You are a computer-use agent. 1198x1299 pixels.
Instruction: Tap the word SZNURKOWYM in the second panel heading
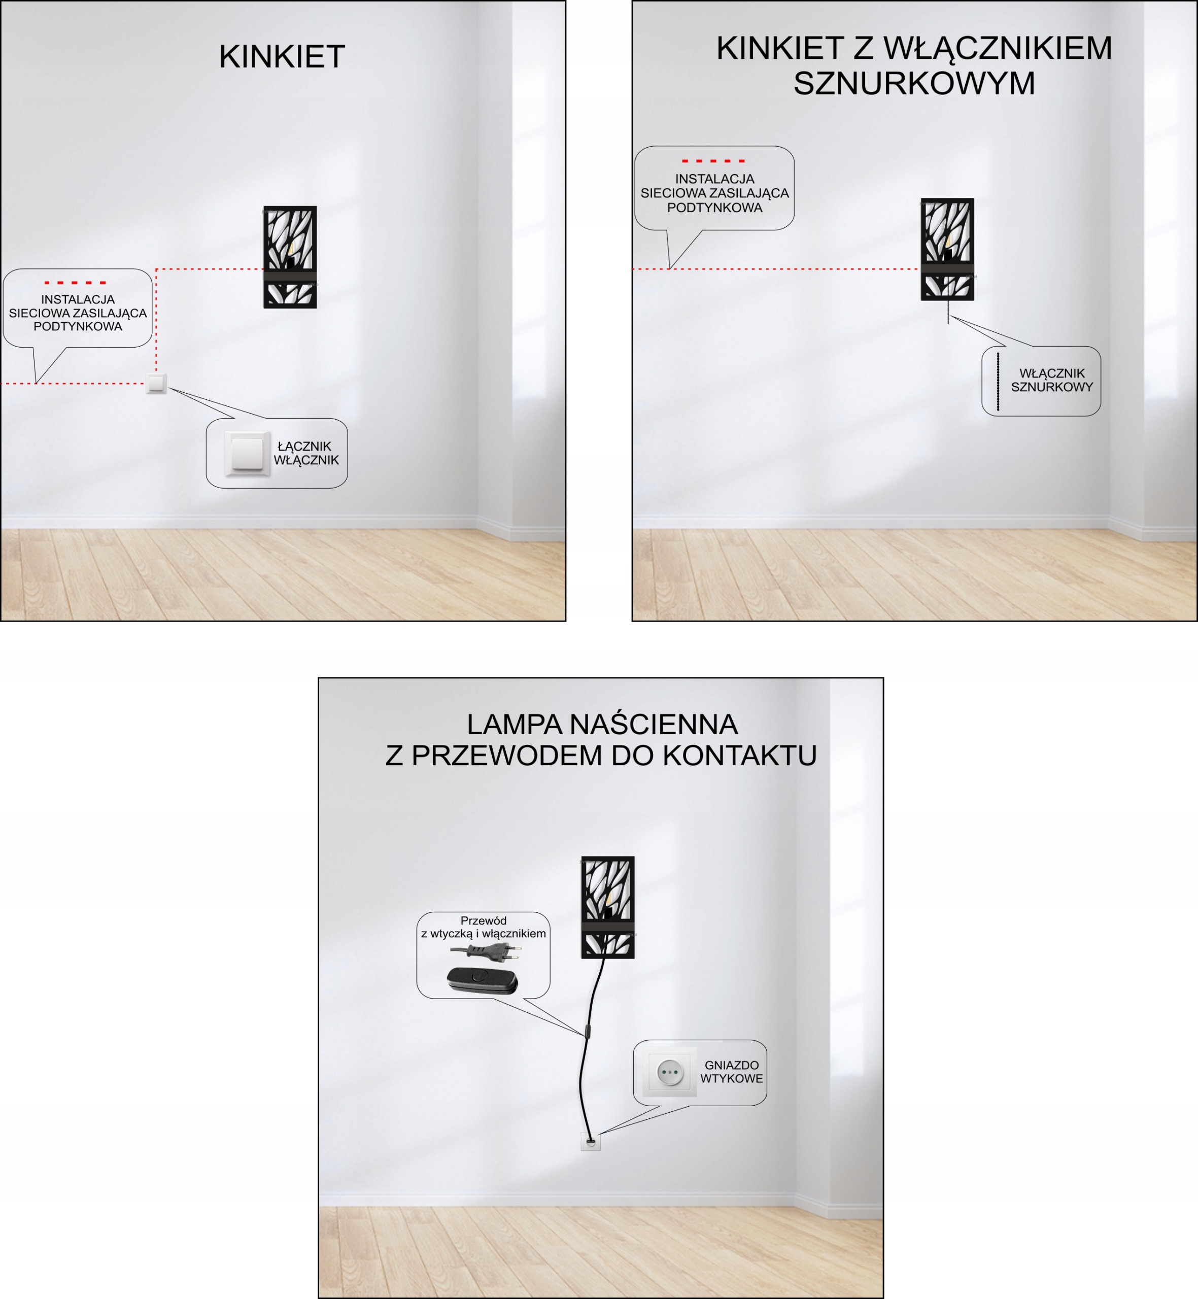pyautogui.click(x=914, y=84)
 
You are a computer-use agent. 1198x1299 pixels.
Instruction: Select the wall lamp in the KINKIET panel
pyautogui.click(x=290, y=257)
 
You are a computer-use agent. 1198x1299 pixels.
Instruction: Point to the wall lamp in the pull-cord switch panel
pyautogui.click(x=947, y=249)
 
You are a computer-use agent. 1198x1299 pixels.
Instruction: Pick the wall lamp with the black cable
pyautogui.click(x=607, y=907)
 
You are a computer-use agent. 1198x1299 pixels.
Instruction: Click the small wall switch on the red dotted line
pyautogui.click(x=156, y=383)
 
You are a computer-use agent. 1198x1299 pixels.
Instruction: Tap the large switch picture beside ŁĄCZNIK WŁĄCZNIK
pyautogui.click(x=247, y=453)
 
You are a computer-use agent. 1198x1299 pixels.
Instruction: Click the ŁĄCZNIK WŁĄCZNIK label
pyautogui.click(x=306, y=453)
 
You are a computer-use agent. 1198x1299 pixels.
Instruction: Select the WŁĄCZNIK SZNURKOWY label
pyautogui.click(x=1051, y=380)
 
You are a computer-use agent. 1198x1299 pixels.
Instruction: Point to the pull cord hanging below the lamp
pyautogui.click(x=948, y=311)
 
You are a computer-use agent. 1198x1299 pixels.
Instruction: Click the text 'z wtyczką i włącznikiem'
pyautogui.click(x=483, y=934)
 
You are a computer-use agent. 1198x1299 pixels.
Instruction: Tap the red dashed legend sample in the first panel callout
pyautogui.click(x=75, y=283)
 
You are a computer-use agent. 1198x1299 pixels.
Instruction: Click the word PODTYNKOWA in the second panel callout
pyautogui.click(x=714, y=208)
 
